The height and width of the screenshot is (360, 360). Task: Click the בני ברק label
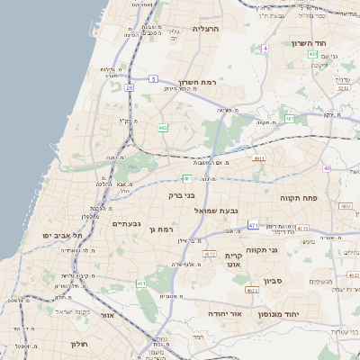pos(182,194)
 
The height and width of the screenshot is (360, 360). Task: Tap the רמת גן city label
pos(161,229)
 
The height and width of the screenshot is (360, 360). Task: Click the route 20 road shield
pos(130,88)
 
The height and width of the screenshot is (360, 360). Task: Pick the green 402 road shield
pos(163,129)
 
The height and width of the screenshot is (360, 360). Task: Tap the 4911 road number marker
pos(259,158)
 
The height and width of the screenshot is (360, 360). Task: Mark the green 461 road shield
pos(141,284)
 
